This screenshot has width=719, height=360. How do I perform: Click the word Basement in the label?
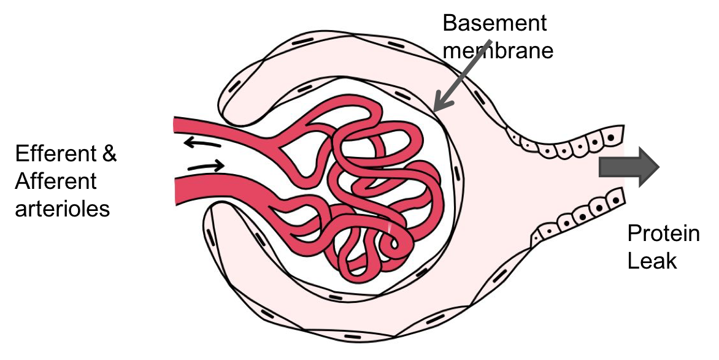pyautogui.click(x=494, y=24)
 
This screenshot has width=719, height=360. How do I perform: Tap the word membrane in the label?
pyautogui.click(x=498, y=50)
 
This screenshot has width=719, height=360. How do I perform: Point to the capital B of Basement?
pyautogui.click(x=449, y=24)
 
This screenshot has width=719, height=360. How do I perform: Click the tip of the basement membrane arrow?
pyautogui.click(x=435, y=109)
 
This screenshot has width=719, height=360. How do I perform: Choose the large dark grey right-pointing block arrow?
pyautogui.click(x=628, y=167)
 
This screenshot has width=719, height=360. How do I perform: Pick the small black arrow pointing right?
pyautogui.click(x=206, y=166)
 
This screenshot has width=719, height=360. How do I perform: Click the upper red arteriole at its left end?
pyautogui.click(x=179, y=125)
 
